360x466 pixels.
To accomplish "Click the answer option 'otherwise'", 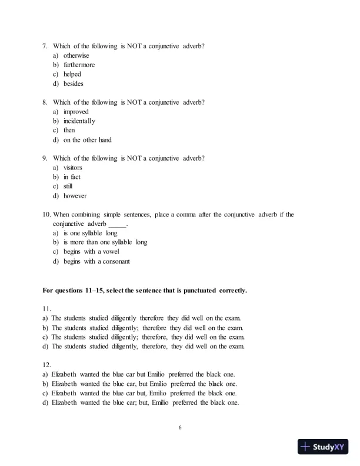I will (76, 55).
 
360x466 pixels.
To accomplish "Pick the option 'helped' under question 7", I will (72, 74).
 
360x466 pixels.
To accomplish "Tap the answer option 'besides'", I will (74, 84).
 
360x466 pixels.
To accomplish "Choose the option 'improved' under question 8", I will (76, 112).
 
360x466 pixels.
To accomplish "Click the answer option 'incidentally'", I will (79, 121).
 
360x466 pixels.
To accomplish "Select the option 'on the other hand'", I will (87, 140).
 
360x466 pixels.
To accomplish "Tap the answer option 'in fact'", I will (72, 177).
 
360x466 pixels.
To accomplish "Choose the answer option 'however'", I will (75, 196).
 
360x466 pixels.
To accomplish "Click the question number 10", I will (47, 215).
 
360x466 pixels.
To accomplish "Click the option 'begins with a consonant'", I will (96, 261).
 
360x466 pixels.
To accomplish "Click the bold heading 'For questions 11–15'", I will (145, 290).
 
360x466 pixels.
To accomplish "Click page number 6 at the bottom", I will (180, 428).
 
